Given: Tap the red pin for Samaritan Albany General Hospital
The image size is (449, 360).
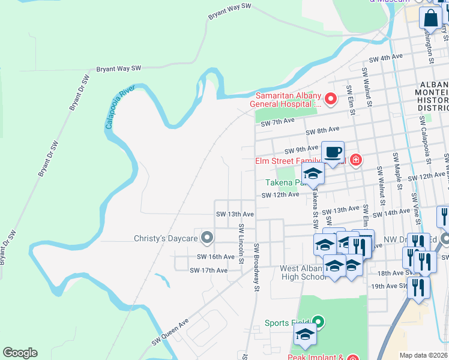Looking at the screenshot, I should tap(330, 98).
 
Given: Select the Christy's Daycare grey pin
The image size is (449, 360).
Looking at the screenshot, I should tap(207, 238).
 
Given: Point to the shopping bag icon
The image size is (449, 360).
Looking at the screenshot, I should tap(430, 19).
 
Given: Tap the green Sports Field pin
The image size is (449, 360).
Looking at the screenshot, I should tap(319, 323).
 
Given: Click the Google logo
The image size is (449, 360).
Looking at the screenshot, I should tap(20, 353).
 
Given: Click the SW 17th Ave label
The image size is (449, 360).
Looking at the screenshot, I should tap(208, 271).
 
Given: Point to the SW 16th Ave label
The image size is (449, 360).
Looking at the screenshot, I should tap(215, 257).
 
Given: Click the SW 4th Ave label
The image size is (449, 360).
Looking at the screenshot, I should tap(386, 58).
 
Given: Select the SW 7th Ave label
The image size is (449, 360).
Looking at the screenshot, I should tap(278, 122).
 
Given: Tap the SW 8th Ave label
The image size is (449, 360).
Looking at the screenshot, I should tap(322, 130).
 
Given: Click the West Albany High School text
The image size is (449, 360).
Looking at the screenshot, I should tap(303, 272).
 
